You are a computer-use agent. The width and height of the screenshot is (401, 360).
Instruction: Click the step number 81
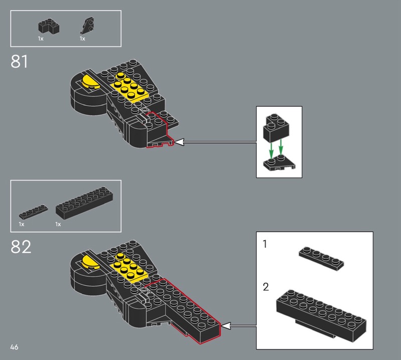[19, 62]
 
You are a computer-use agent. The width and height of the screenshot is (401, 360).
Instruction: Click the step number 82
[21, 247]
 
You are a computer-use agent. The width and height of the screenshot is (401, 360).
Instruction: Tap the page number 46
[15, 347]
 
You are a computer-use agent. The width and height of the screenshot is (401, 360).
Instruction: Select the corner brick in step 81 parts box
[49, 27]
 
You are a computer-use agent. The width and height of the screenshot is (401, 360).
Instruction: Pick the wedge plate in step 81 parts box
[87, 26]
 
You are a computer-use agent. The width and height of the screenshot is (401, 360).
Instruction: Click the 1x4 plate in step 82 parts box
[33, 212]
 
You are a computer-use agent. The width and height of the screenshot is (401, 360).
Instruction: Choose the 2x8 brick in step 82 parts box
[84, 203]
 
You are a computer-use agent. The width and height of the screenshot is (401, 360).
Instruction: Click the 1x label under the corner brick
[41, 39]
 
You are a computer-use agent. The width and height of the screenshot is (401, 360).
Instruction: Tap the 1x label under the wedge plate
[82, 39]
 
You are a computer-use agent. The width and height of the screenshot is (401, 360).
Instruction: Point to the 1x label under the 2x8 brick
[58, 225]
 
